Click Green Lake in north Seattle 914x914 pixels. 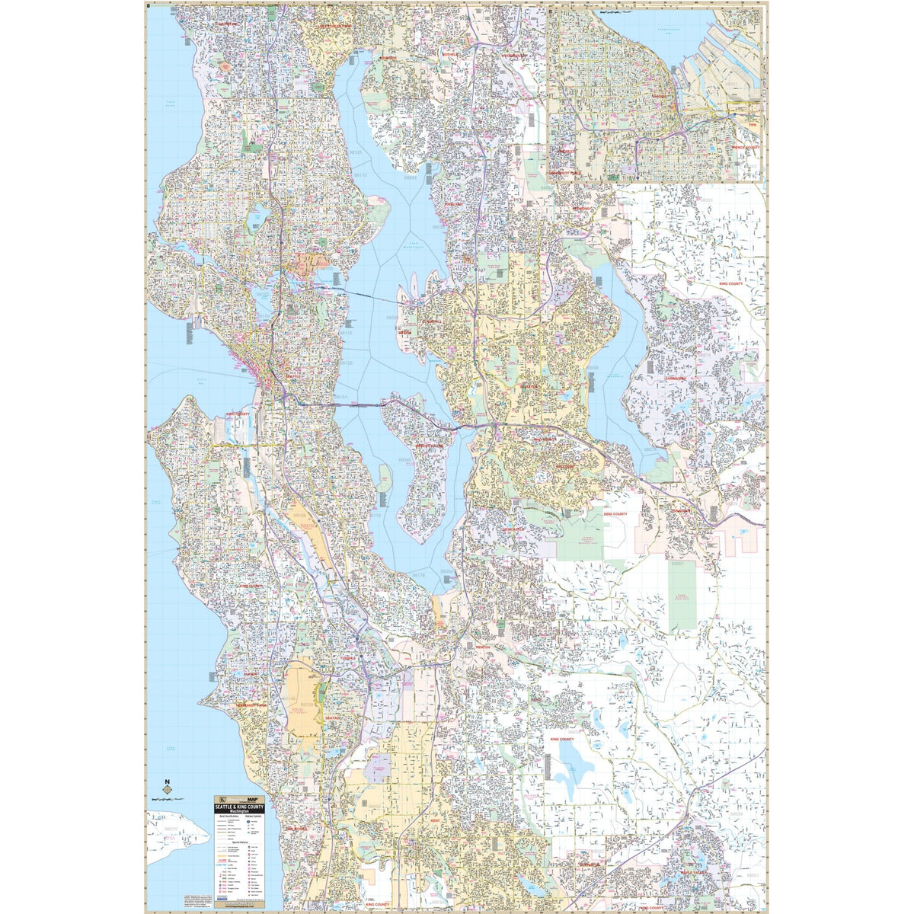pyautogui.click(x=254, y=219)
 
